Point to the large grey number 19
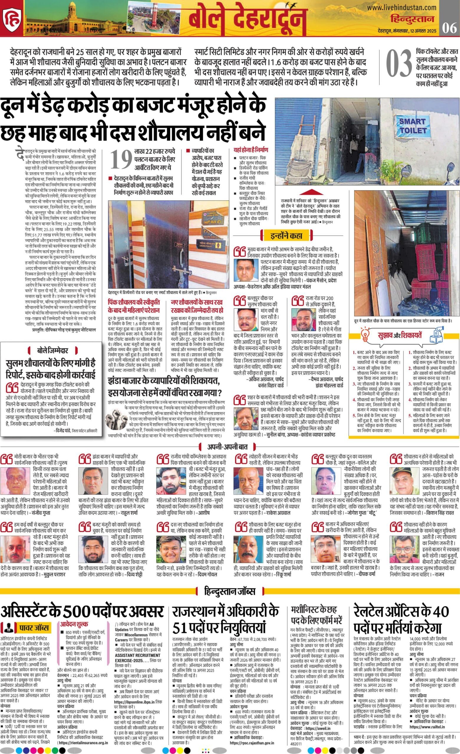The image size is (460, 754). [122, 159]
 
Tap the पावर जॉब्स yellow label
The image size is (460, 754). [34, 628]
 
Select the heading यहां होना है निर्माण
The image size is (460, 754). [250, 150]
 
